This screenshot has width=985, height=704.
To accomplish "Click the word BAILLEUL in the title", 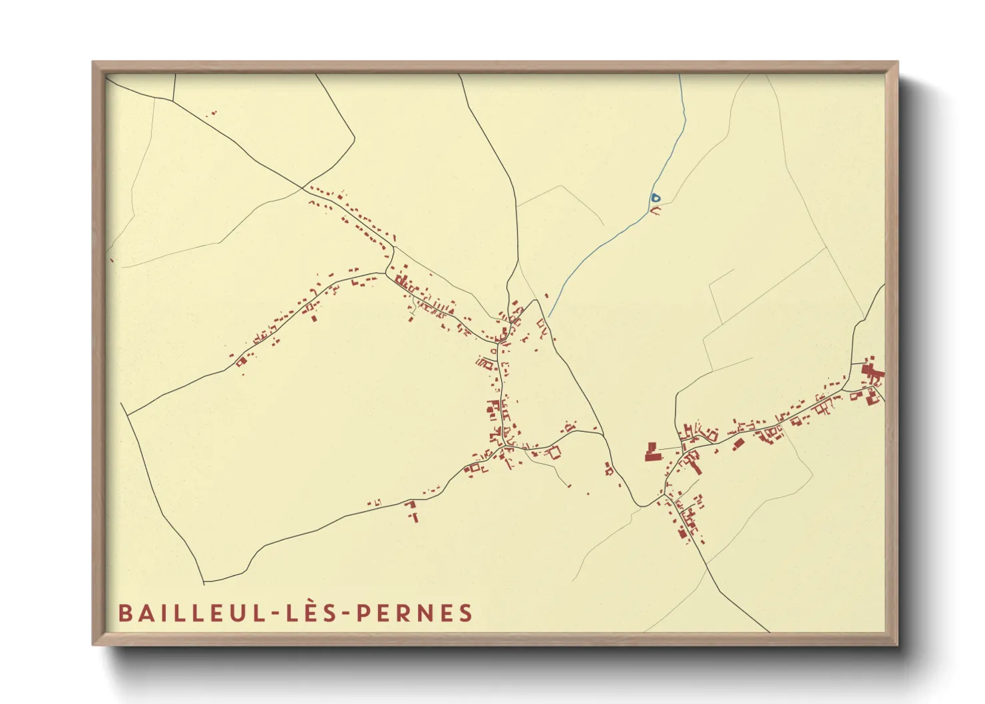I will tap(190, 613).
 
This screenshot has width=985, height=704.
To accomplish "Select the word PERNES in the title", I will tap(415, 613).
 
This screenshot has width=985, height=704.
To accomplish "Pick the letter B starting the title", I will tap(124, 613).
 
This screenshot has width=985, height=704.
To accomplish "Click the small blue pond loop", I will tap(656, 197).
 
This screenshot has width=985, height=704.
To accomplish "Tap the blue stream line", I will tap(599, 246).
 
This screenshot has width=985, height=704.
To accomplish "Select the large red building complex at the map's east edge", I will tap(871, 373).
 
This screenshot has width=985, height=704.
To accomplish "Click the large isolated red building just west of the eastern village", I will tap(650, 453).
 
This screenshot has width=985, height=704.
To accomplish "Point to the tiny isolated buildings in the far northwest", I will tap(212, 114).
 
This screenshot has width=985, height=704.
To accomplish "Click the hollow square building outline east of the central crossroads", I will tap(554, 452).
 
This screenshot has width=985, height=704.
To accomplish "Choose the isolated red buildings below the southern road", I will tap(412, 510).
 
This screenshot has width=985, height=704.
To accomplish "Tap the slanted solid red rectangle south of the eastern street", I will tap(738, 443).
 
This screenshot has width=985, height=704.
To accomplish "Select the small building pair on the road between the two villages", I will tap(608, 468).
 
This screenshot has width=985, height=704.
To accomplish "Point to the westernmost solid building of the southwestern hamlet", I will tap(241, 361).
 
